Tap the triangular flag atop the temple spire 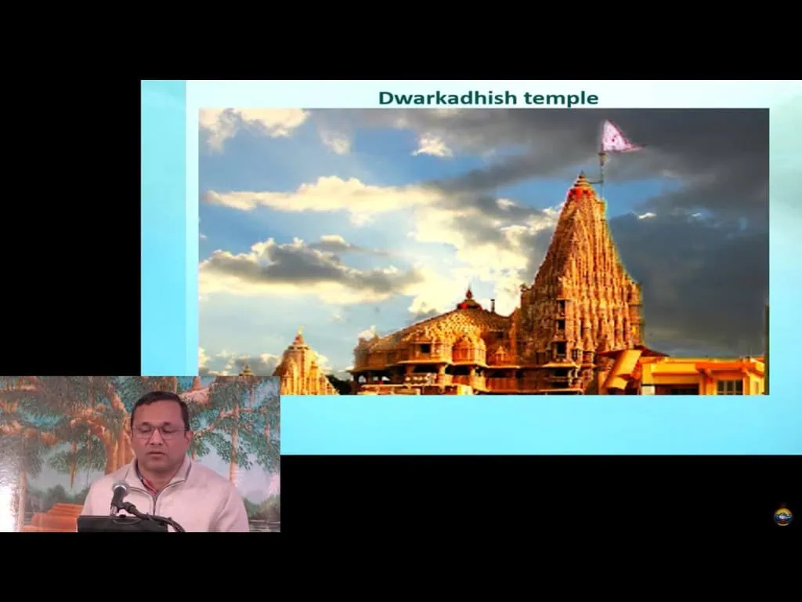pyautogui.click(x=620, y=137)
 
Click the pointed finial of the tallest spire pyautogui.click(x=581, y=180)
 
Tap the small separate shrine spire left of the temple pyautogui.click(x=302, y=364)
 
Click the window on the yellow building pyautogui.click(x=729, y=386)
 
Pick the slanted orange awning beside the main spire pyautogui.click(x=620, y=368)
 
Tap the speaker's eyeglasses pyautogui.click(x=158, y=432)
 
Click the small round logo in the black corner pyautogui.click(x=782, y=515)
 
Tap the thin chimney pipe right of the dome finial pyautogui.click(x=493, y=306)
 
